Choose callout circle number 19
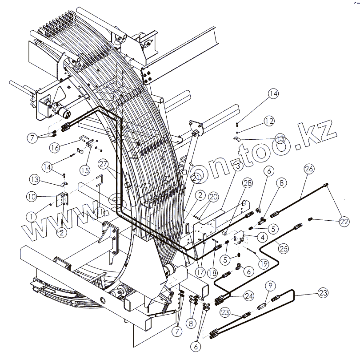coord(264,263)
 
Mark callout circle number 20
coord(213,197)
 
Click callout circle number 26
coord(309,169)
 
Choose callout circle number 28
coord(247,183)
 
